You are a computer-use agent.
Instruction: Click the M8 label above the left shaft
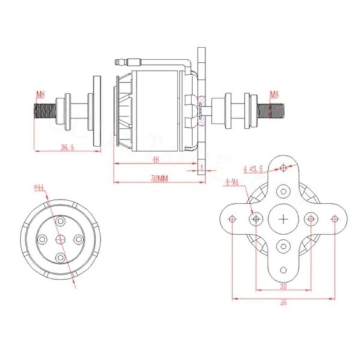point(40,95)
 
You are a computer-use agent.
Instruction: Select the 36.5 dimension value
point(67,148)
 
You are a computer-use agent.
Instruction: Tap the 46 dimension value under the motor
point(155,160)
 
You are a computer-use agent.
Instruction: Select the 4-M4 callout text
point(232,182)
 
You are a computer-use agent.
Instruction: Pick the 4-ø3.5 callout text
point(253,169)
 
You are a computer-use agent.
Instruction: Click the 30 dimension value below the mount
point(283,287)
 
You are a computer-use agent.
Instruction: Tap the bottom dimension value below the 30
point(283,303)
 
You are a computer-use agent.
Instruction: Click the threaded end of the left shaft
point(42,111)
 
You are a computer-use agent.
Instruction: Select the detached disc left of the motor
point(96,111)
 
